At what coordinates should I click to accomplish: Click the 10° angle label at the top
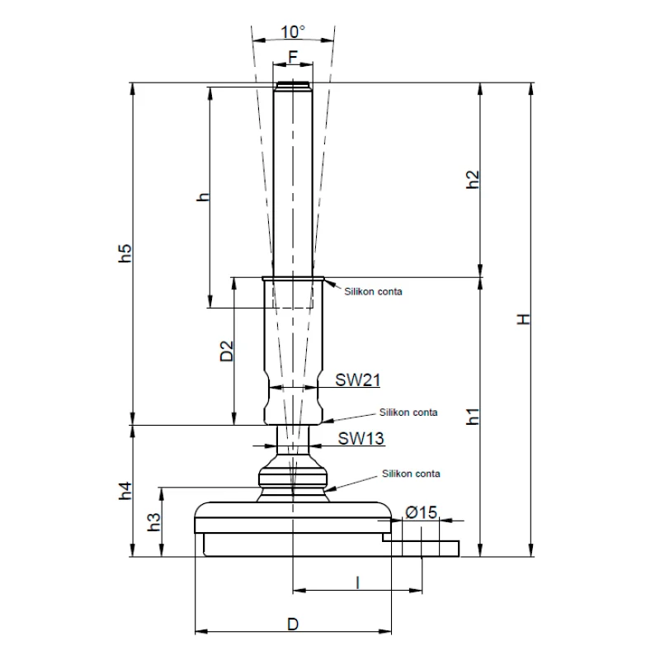point(292,31)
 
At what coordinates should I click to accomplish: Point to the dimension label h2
point(473,181)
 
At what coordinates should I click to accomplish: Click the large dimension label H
point(522,319)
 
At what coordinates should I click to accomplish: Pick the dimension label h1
point(473,416)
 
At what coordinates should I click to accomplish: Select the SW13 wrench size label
point(361,439)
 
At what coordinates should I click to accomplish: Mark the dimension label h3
point(153,522)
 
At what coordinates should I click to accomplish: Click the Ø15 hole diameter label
point(420,513)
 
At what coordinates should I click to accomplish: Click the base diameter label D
point(292,625)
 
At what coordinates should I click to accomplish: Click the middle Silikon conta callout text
point(408,411)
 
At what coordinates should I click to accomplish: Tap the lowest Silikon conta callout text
point(411,474)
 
